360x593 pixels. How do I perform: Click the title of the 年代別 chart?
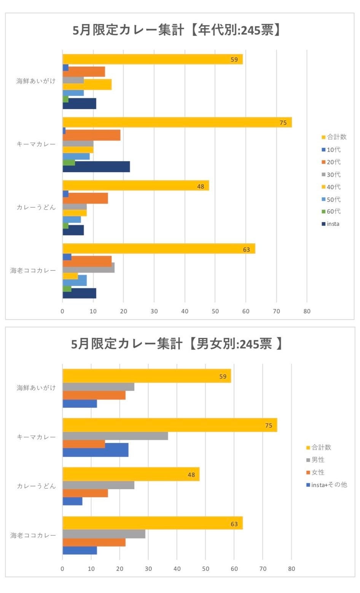coord(177,30)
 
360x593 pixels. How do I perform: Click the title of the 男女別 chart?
coord(177,344)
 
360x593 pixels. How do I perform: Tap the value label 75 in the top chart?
coord(283,123)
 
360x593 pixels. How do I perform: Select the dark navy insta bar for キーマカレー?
coord(96,167)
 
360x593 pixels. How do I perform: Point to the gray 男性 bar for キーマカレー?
coord(115,436)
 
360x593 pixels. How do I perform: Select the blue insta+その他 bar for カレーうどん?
coord(72,501)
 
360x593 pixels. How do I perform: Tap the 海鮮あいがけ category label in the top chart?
coord(36,81)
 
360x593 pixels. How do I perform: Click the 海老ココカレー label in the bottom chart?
coord(33,535)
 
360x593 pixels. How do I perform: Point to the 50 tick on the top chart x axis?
coord(215,311)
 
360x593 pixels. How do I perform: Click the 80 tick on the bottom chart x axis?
coord(291,569)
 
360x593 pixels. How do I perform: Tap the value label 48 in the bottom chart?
coord(191,475)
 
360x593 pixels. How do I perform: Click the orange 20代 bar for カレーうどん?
coord(85,198)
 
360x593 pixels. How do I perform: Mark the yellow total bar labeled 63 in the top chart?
coord(159,249)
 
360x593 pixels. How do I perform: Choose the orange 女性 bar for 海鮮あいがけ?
coord(94,395)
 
